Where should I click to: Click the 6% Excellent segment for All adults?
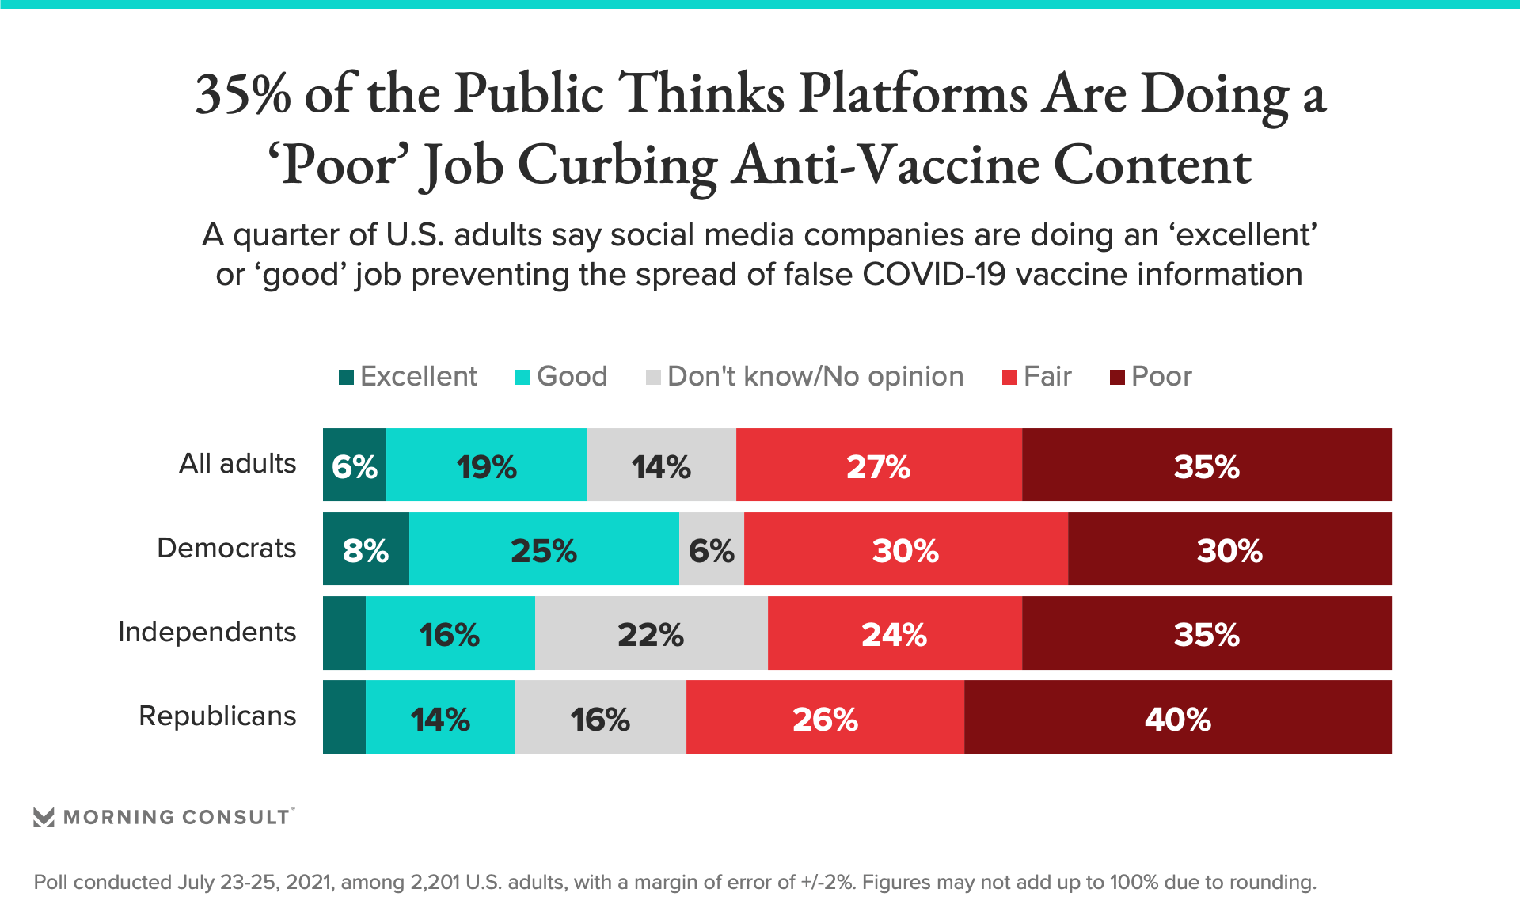click(x=354, y=465)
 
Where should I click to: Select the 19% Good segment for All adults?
click(x=486, y=465)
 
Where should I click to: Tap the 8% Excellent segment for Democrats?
click(x=366, y=549)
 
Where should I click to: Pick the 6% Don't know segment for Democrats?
click(x=711, y=549)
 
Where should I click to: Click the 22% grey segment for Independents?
click(x=651, y=633)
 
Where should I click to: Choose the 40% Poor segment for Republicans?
click(x=1177, y=716)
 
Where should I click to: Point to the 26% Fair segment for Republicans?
click(x=825, y=716)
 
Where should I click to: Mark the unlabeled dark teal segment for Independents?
click(x=344, y=633)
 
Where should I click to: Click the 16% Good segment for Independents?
click(x=450, y=633)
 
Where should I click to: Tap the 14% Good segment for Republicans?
click(x=440, y=716)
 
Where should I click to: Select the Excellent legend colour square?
click(x=346, y=377)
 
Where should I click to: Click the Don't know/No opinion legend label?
click(x=815, y=376)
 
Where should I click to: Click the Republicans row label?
click(x=218, y=716)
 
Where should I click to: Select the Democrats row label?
click(x=226, y=548)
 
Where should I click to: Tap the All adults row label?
click(x=237, y=463)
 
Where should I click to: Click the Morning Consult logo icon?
click(x=44, y=817)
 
